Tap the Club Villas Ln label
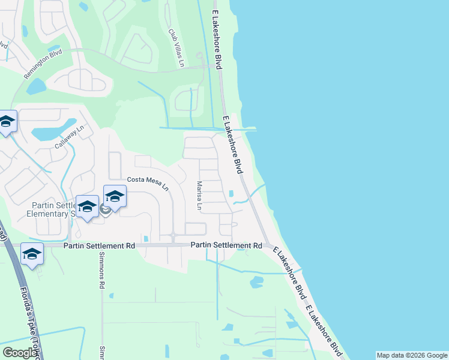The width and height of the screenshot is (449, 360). coord(175,47)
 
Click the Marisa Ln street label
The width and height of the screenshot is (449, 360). coord(200,196)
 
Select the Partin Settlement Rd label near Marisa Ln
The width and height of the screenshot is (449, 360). coord(227,245)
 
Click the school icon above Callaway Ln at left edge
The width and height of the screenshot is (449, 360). coord(7,122)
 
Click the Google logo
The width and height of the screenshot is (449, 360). coord(20,353)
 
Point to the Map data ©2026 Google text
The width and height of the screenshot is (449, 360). coord(412,355)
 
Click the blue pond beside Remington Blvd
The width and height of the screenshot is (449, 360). coord(36,86)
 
